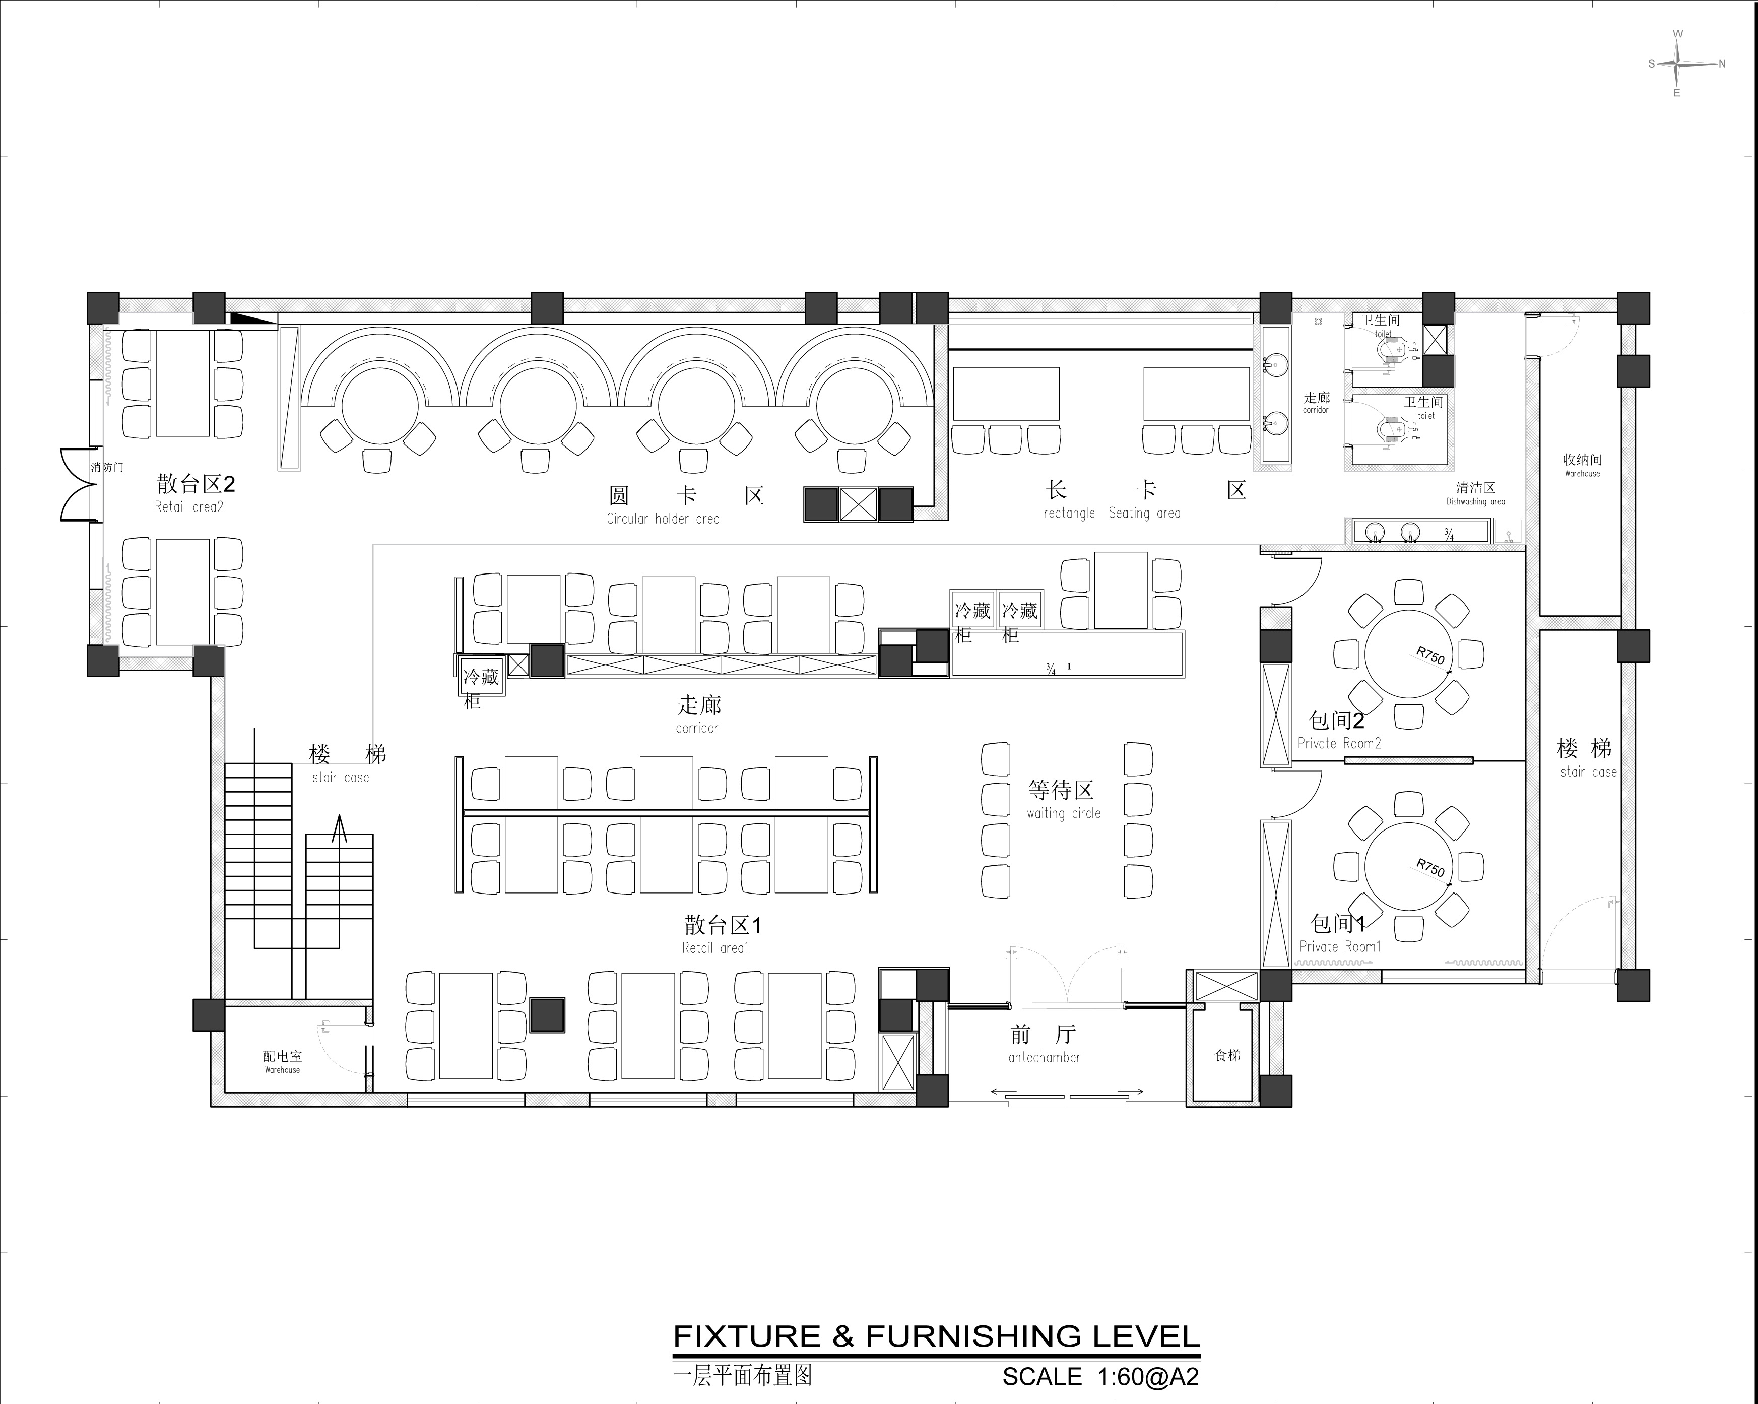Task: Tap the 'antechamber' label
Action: click(1044, 1057)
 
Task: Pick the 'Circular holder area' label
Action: click(663, 519)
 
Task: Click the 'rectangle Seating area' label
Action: click(1112, 513)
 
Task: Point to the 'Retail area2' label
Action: click(188, 507)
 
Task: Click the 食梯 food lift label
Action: click(1227, 1055)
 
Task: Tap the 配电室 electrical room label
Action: click(282, 1056)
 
